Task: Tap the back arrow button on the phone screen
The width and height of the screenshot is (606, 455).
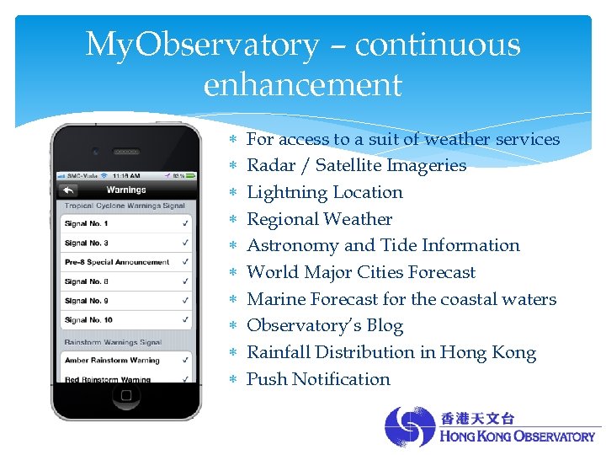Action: [68, 190]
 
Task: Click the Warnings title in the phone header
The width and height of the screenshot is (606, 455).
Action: [126, 190]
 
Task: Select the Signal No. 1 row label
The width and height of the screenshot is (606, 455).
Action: [87, 224]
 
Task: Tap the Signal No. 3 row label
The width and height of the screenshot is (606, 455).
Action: [87, 243]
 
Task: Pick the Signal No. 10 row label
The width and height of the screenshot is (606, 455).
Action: [88, 319]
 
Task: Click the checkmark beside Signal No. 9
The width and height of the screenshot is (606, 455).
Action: [184, 301]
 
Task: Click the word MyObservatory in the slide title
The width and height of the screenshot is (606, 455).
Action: [202, 45]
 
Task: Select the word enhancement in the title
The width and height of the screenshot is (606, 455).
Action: [303, 84]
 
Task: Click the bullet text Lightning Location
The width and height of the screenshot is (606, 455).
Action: [324, 192]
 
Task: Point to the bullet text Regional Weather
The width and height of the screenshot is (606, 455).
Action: [319, 219]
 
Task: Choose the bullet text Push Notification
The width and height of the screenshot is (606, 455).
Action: [318, 379]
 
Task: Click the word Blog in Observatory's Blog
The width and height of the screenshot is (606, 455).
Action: [385, 326]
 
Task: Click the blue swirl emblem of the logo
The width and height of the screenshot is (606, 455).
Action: [410, 426]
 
